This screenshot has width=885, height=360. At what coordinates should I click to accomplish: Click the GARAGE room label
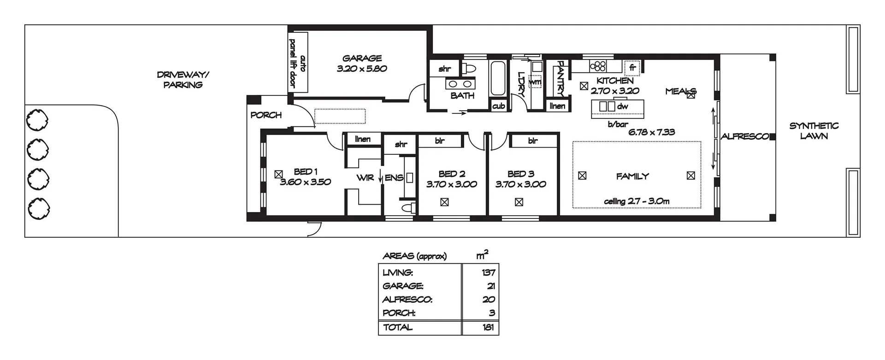click(x=362, y=59)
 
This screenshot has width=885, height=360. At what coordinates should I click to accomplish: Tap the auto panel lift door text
click(x=297, y=63)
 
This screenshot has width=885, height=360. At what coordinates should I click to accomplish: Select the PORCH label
click(x=266, y=115)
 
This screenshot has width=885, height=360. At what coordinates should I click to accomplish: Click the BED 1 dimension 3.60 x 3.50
click(x=305, y=182)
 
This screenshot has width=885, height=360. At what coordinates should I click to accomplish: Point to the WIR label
click(x=365, y=178)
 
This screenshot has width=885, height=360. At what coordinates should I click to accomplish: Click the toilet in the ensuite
click(x=408, y=207)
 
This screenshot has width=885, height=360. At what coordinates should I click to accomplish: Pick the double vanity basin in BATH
click(x=460, y=84)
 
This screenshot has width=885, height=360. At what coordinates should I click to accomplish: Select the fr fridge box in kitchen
click(x=632, y=68)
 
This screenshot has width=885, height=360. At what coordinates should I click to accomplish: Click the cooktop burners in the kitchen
click(x=598, y=66)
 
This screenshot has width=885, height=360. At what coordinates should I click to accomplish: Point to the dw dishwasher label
click(x=622, y=106)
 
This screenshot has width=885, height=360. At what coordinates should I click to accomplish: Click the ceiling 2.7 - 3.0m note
click(x=637, y=201)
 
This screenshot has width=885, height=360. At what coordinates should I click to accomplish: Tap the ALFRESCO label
click(x=744, y=136)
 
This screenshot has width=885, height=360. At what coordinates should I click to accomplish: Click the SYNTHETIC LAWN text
click(x=814, y=131)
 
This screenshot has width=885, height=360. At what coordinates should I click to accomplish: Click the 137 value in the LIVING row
click(x=488, y=272)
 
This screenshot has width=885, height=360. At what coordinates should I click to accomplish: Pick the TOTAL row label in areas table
click(x=397, y=327)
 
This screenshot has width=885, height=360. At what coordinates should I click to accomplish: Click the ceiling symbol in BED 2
click(x=444, y=202)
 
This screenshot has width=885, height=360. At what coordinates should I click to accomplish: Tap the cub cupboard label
click(x=498, y=106)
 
